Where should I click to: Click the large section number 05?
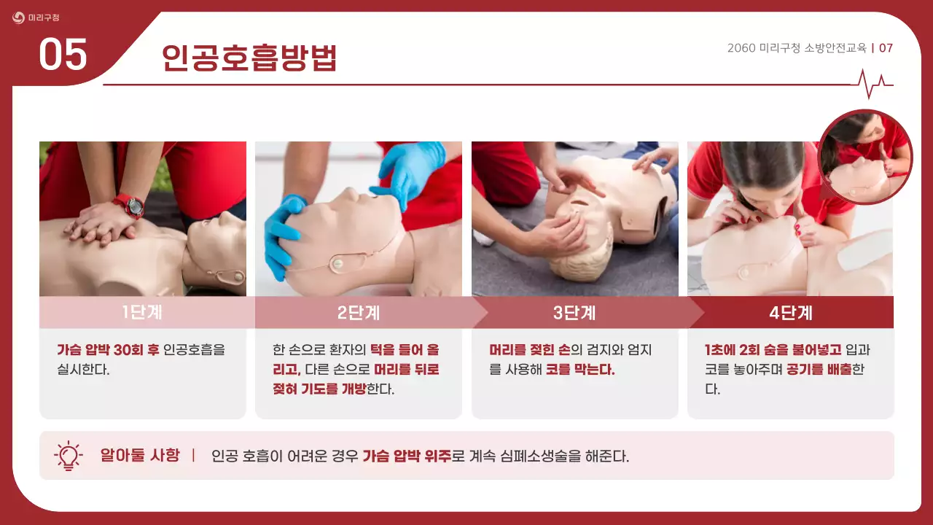63,55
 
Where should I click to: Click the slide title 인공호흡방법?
249,58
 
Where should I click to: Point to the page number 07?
886,48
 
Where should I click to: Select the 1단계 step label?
142,313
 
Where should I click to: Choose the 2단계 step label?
359,313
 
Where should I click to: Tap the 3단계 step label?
574,313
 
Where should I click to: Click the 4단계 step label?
791,313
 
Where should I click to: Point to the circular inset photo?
864,157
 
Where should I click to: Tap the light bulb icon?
69,456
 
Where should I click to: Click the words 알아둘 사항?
139,456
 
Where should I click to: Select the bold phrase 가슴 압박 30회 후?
108,350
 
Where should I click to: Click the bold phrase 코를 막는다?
580,370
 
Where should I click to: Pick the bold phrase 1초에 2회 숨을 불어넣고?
773,350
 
